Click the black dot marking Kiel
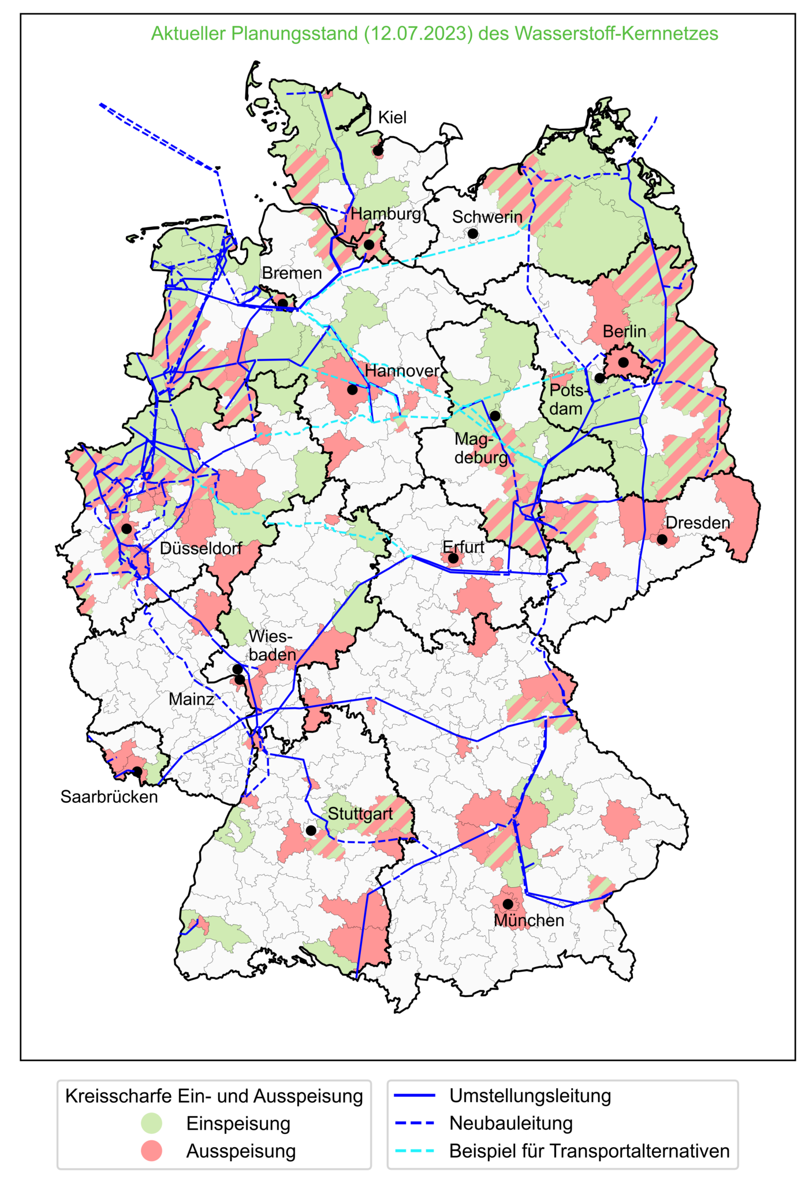point(378,151)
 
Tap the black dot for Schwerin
point(473,233)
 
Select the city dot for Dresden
point(662,539)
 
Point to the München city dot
point(508,904)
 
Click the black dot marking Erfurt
point(453,558)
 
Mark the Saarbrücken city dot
point(137,771)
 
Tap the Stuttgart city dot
point(311,831)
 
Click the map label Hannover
point(402,371)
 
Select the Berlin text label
point(624,332)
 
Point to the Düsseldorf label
point(200,548)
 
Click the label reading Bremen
point(292,273)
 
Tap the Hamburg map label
point(386,214)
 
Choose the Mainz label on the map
point(191,699)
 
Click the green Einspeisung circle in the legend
point(152,1124)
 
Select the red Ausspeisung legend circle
point(152,1151)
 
